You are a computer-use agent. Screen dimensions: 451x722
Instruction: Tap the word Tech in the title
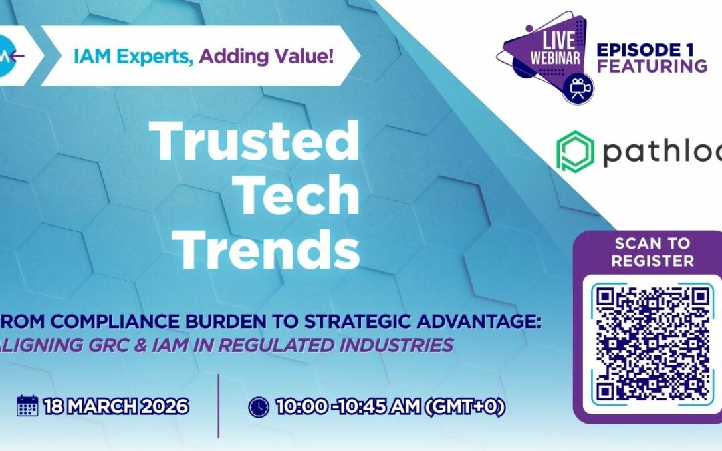click(298, 196)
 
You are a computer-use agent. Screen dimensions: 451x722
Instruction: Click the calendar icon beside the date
click(27, 406)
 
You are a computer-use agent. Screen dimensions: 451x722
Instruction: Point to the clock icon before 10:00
click(259, 406)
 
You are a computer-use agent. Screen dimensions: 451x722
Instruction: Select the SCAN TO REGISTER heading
click(652, 251)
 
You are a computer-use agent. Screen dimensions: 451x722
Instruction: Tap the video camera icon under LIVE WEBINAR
click(578, 88)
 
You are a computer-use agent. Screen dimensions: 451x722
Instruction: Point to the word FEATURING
click(652, 66)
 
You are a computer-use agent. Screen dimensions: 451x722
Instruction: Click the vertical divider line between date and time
click(219, 406)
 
